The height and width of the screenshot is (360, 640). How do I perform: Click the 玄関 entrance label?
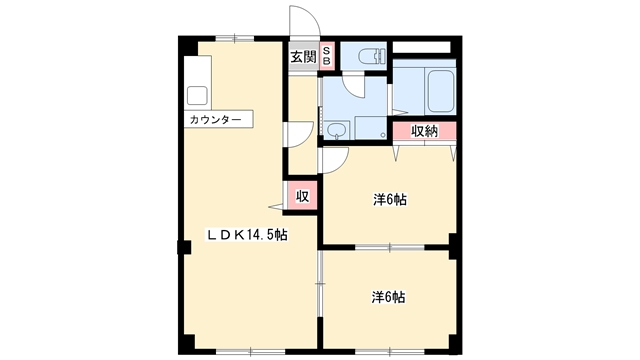[x=304, y=57]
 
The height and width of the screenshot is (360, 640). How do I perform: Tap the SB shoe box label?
[x=327, y=55]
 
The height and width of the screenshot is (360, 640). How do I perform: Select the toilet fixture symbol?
[x=371, y=56]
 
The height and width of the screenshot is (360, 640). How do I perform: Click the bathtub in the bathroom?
[x=440, y=91]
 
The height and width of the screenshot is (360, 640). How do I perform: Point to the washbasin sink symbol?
[x=337, y=130]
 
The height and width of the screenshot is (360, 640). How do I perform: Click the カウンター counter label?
[x=216, y=120]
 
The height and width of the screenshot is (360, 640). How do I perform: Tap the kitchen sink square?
[x=197, y=96]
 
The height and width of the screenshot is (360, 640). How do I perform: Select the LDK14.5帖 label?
[x=247, y=235]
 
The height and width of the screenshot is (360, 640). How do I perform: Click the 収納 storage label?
[x=424, y=131]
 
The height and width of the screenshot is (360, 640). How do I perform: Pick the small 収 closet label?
[x=302, y=196]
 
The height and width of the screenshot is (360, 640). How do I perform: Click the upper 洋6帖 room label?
[x=389, y=200]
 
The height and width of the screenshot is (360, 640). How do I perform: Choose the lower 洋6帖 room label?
[x=388, y=298]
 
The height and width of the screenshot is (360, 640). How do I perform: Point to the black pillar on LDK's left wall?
[x=184, y=247]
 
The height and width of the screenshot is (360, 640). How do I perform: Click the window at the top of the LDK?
[x=235, y=39]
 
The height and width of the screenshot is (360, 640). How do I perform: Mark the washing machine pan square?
[x=371, y=127]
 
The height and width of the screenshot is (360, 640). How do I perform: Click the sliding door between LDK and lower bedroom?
[x=320, y=283]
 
